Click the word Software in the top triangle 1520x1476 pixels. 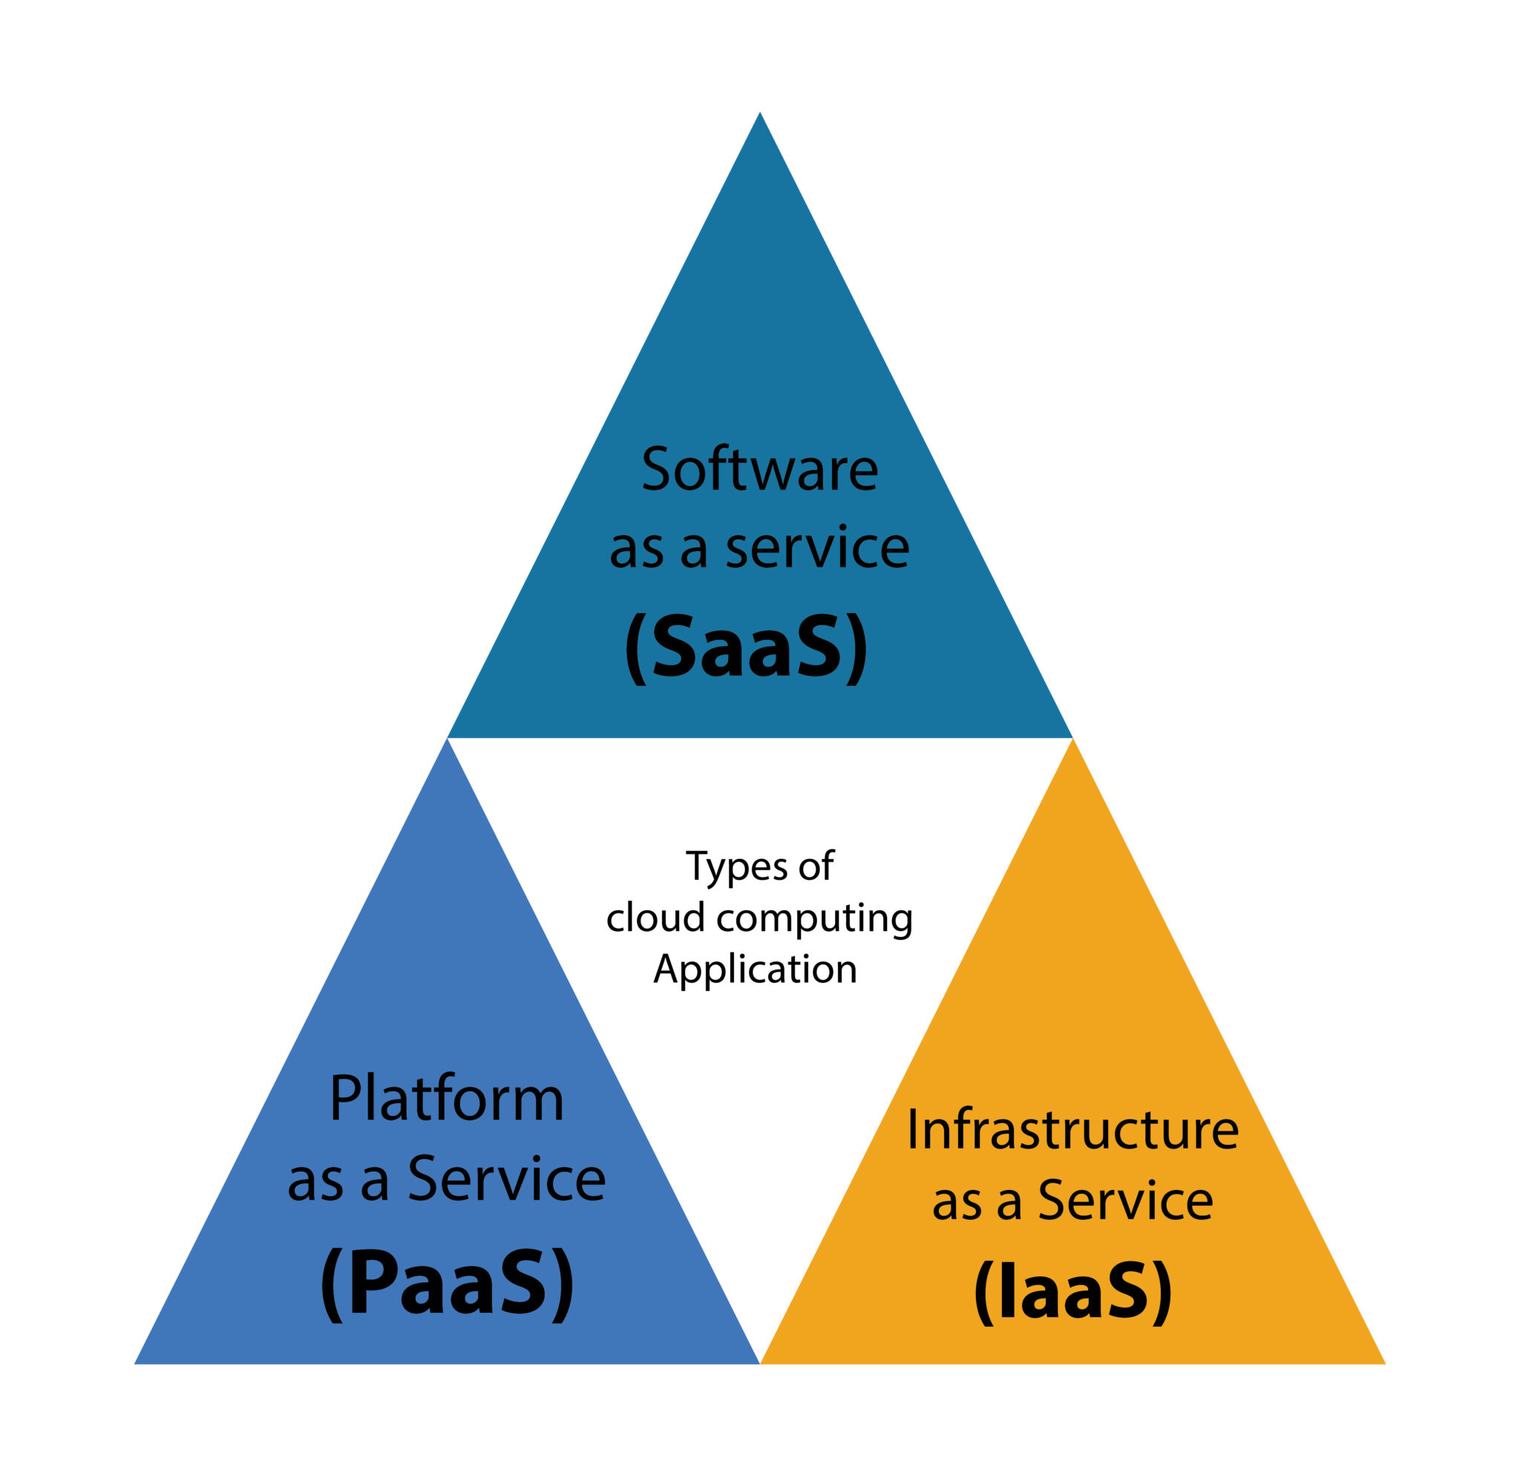tap(759, 470)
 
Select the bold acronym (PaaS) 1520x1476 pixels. tap(448, 1283)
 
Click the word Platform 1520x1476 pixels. tap(447, 1099)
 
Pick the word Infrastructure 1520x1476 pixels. tap(1072, 1129)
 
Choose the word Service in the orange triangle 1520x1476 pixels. tap(1125, 1201)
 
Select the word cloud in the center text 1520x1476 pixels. tap(655, 918)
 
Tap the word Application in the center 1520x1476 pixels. tap(756, 970)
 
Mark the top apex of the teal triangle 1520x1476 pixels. tap(760, 115)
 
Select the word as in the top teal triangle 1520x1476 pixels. tap(636, 549)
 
